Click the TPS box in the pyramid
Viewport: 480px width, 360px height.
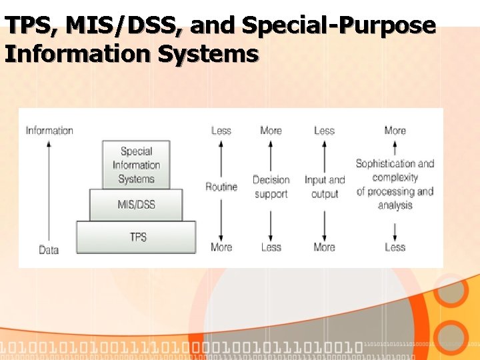pos(137,237)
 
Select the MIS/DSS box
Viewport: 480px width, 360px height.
pos(136,205)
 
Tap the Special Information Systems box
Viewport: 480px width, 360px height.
pos(136,165)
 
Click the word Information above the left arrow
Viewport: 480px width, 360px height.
pos(49,131)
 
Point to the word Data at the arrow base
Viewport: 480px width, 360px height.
pos(49,250)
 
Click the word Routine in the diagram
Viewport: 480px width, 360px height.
pos(221,187)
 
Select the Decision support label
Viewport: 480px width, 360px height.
pos(271,187)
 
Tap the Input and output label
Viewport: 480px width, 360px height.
pos(325,187)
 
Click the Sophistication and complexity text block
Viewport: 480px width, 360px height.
pos(395,184)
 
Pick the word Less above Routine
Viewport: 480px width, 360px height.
pos(221,131)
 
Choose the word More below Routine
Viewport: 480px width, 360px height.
pos(221,247)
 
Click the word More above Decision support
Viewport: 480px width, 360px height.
pos(271,131)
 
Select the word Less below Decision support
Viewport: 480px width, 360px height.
pos(271,247)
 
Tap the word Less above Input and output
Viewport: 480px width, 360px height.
pos(324,131)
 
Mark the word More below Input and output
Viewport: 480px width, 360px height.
pos(324,247)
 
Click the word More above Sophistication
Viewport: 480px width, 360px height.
pos(395,131)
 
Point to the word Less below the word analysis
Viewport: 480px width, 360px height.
pos(395,247)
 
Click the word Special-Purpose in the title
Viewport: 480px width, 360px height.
pos(339,25)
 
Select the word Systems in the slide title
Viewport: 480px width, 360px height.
pos(208,53)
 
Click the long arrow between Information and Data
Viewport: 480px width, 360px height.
pos(49,190)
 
